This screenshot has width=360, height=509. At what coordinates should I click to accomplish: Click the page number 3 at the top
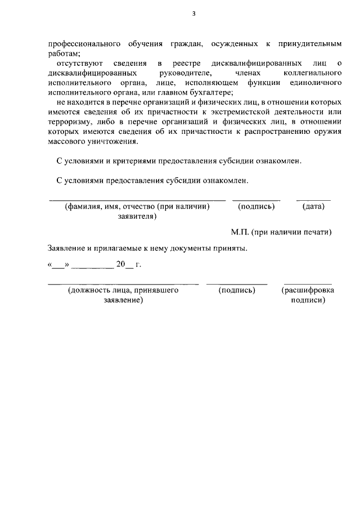pos(193,14)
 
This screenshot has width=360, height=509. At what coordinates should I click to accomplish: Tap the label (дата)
pos(313,206)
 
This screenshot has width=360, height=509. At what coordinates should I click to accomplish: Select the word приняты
pos(232,247)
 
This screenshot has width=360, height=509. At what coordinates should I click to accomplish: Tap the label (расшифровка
pos(307,291)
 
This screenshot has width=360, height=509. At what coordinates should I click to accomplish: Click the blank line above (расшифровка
pos(307,283)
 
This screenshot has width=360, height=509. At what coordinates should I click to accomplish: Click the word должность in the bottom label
pos(89,291)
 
